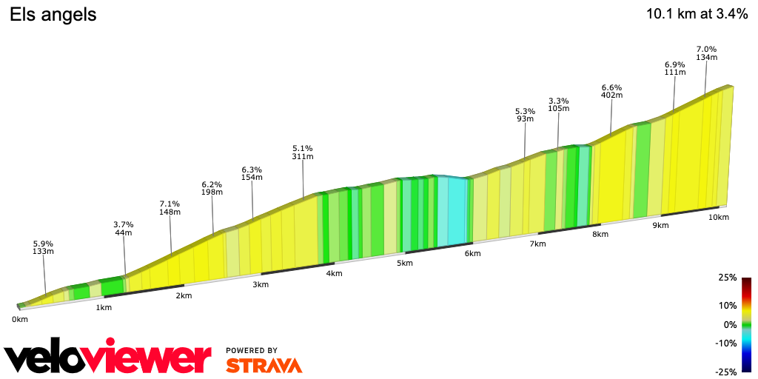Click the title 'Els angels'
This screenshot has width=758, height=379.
53,15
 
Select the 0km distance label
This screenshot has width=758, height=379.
19,319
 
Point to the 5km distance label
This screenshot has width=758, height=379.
404,264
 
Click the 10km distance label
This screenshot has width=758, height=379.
719,217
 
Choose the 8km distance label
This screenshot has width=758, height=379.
600,235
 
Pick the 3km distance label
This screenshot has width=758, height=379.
260,284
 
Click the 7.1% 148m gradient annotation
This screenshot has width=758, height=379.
170,208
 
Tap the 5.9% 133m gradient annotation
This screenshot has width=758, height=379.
44,247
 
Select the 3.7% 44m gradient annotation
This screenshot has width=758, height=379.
123,228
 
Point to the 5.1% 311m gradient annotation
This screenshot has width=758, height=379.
303,152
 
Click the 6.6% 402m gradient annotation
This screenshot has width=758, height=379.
611,91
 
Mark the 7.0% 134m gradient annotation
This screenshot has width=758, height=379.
706,53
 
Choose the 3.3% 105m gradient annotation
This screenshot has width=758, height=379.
558,104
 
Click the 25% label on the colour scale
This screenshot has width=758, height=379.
728,278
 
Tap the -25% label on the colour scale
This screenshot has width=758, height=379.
726,372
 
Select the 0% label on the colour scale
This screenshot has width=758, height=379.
730,325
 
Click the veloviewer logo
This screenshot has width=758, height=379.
107,358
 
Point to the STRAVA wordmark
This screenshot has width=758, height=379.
264,365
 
